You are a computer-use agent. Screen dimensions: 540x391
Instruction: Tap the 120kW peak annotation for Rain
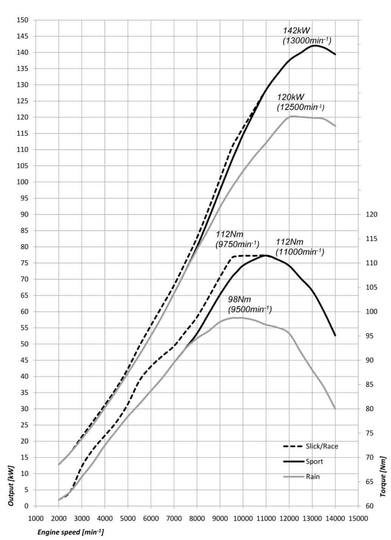[301, 102]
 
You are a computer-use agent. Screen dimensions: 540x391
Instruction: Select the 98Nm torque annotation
[250, 304]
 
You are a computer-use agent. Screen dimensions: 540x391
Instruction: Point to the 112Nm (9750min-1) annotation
[237, 239]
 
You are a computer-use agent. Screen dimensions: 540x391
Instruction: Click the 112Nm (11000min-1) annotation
[300, 247]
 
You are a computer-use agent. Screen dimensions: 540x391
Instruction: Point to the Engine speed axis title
[70, 532]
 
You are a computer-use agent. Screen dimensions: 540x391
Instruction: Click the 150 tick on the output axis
[23, 20]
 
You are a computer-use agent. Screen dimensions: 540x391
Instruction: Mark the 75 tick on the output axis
[24, 263]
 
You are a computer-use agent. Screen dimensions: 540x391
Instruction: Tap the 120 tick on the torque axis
[372, 214]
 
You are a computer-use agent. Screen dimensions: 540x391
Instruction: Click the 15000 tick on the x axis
[358, 518]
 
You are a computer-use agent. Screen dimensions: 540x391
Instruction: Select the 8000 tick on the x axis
[197, 518]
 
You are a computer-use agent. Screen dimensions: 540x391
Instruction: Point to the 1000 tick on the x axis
[36, 518]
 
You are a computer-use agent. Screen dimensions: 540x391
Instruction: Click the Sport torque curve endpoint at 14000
[335, 335]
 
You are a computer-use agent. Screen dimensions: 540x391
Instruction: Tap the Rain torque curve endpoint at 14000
[335, 408]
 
